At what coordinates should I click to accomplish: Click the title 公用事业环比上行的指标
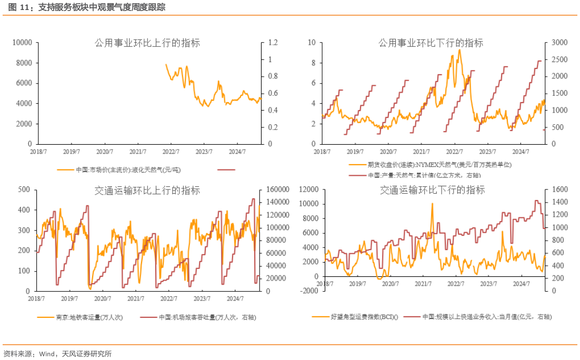tap(147, 43)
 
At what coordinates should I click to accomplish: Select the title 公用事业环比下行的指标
tap(431, 43)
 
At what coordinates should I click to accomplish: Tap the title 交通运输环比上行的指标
tap(147, 190)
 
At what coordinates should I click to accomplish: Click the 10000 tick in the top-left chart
tap(22, 42)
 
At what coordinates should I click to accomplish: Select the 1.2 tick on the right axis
tap(273, 42)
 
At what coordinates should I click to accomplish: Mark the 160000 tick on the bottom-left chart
tap(277, 189)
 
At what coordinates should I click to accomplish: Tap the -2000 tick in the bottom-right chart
tap(309, 291)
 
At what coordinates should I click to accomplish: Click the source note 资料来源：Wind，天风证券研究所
tap(57, 353)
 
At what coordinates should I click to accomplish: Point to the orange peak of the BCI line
tap(432, 204)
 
